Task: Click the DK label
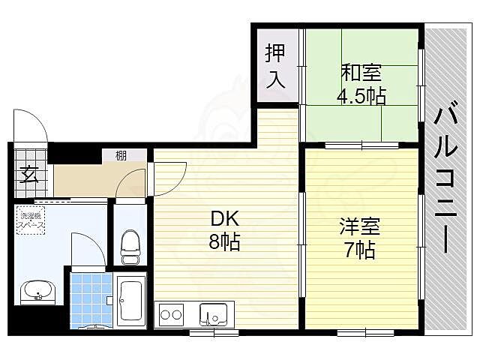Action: pos(223,220)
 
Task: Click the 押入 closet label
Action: pos(275,66)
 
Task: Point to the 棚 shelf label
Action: pos(121,156)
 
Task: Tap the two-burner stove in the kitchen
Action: pos(170,314)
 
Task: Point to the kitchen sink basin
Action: pos(212,313)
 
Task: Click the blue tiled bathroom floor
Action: pos(91,298)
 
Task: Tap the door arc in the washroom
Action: pos(86,249)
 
